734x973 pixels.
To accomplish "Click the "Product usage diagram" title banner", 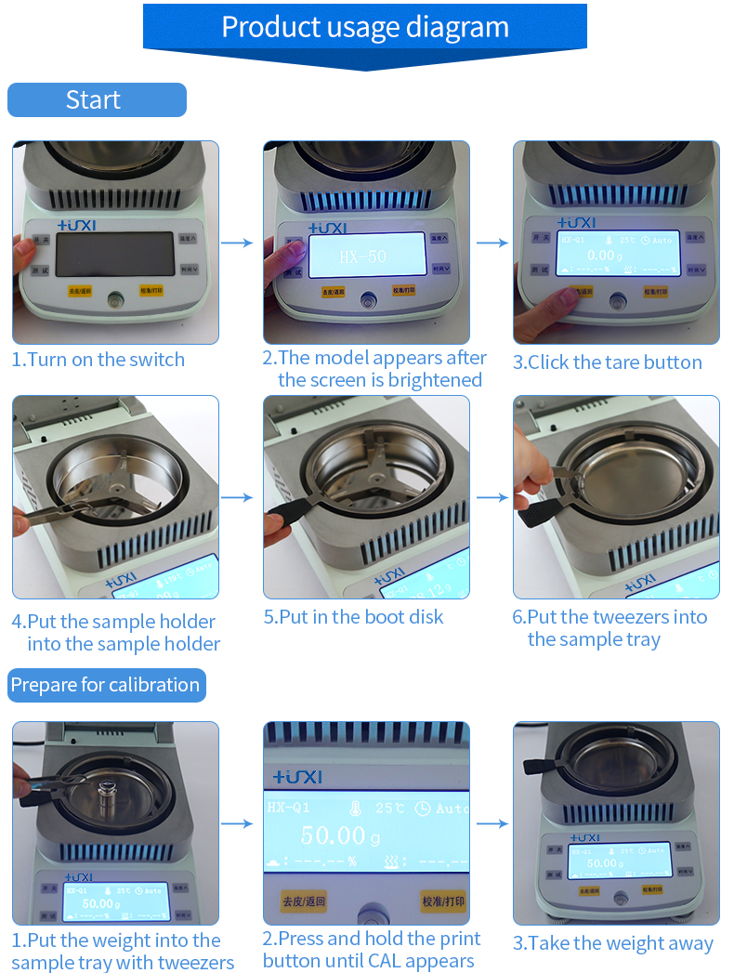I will [x=364, y=27].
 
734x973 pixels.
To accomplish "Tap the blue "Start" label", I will [x=96, y=99].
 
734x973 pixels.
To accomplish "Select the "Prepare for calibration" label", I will [x=106, y=685].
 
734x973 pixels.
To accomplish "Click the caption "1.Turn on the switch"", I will [x=98, y=360].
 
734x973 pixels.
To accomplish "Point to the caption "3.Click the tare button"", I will [x=608, y=362].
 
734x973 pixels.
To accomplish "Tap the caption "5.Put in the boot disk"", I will [x=354, y=617].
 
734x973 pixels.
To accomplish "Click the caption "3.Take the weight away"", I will [x=613, y=943].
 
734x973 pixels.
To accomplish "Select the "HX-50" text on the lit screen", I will [x=363, y=256].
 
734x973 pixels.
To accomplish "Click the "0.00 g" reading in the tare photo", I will [x=605, y=255].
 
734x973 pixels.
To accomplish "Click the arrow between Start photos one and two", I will [x=238, y=243].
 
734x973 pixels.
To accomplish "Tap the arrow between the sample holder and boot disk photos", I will [x=238, y=497].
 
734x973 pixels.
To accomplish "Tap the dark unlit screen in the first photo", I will [x=114, y=254].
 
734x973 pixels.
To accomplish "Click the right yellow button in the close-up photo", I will [x=443, y=901].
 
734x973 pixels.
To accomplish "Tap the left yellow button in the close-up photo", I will [x=304, y=901].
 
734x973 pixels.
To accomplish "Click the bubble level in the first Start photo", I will [x=115, y=301].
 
